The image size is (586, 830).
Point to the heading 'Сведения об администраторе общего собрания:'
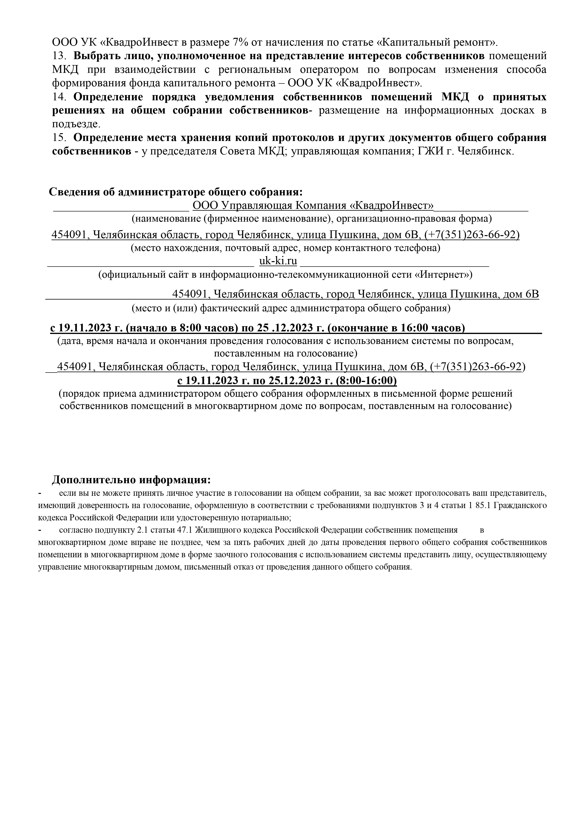click(176, 192)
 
